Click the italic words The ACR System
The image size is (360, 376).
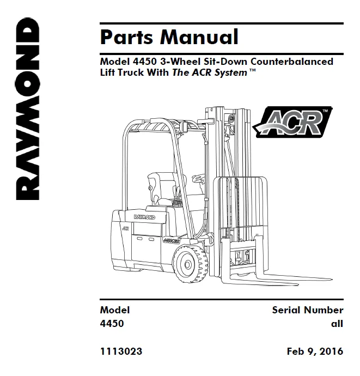click(x=209, y=73)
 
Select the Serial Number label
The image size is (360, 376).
click(x=308, y=310)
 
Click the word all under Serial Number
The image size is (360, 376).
click(x=337, y=323)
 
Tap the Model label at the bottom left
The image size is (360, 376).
click(x=115, y=310)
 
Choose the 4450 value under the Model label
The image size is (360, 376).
click(x=112, y=323)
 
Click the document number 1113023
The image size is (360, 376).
click(x=121, y=351)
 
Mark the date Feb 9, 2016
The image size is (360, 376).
click(x=315, y=351)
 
